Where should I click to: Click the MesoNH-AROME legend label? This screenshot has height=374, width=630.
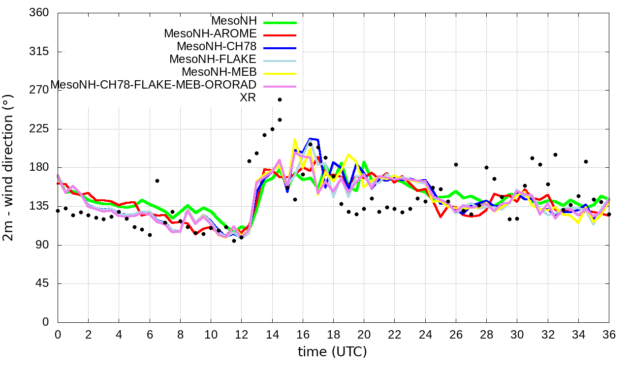(x=210, y=34)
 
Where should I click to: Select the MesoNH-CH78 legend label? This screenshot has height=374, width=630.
(x=217, y=47)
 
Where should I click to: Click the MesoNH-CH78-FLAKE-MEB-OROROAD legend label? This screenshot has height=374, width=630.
(x=154, y=85)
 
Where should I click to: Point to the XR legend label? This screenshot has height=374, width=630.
(x=248, y=97)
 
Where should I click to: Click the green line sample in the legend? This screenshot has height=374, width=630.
(x=280, y=23)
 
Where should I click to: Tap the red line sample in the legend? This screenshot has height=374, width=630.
(x=280, y=35)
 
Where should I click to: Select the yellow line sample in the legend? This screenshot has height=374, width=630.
(x=280, y=73)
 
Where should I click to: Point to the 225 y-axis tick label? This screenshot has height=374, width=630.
(x=39, y=129)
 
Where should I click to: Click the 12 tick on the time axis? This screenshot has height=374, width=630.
(x=241, y=334)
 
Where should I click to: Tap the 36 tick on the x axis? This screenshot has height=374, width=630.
(x=609, y=334)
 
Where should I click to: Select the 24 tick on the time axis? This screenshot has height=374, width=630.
(x=425, y=334)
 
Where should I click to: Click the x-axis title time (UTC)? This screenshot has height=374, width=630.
(x=333, y=352)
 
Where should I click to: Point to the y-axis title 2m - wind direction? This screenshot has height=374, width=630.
(x=9, y=167)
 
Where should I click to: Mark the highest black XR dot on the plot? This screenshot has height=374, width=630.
(x=280, y=99)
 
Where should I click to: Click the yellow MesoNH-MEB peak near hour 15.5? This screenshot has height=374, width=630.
(x=295, y=140)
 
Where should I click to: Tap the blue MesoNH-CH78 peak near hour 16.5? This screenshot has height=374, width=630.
(x=310, y=139)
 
